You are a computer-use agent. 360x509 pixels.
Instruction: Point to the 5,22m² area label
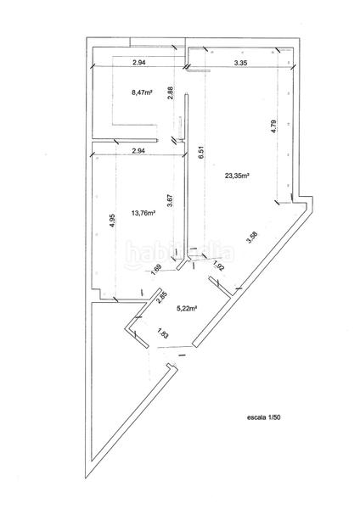(186, 309)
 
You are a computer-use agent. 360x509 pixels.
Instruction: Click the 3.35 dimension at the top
(240, 63)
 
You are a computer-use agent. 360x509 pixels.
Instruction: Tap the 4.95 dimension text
(113, 219)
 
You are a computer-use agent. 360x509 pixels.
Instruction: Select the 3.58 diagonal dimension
(250, 238)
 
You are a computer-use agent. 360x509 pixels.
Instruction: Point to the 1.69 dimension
(157, 271)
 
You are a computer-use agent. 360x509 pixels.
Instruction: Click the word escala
(257, 417)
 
